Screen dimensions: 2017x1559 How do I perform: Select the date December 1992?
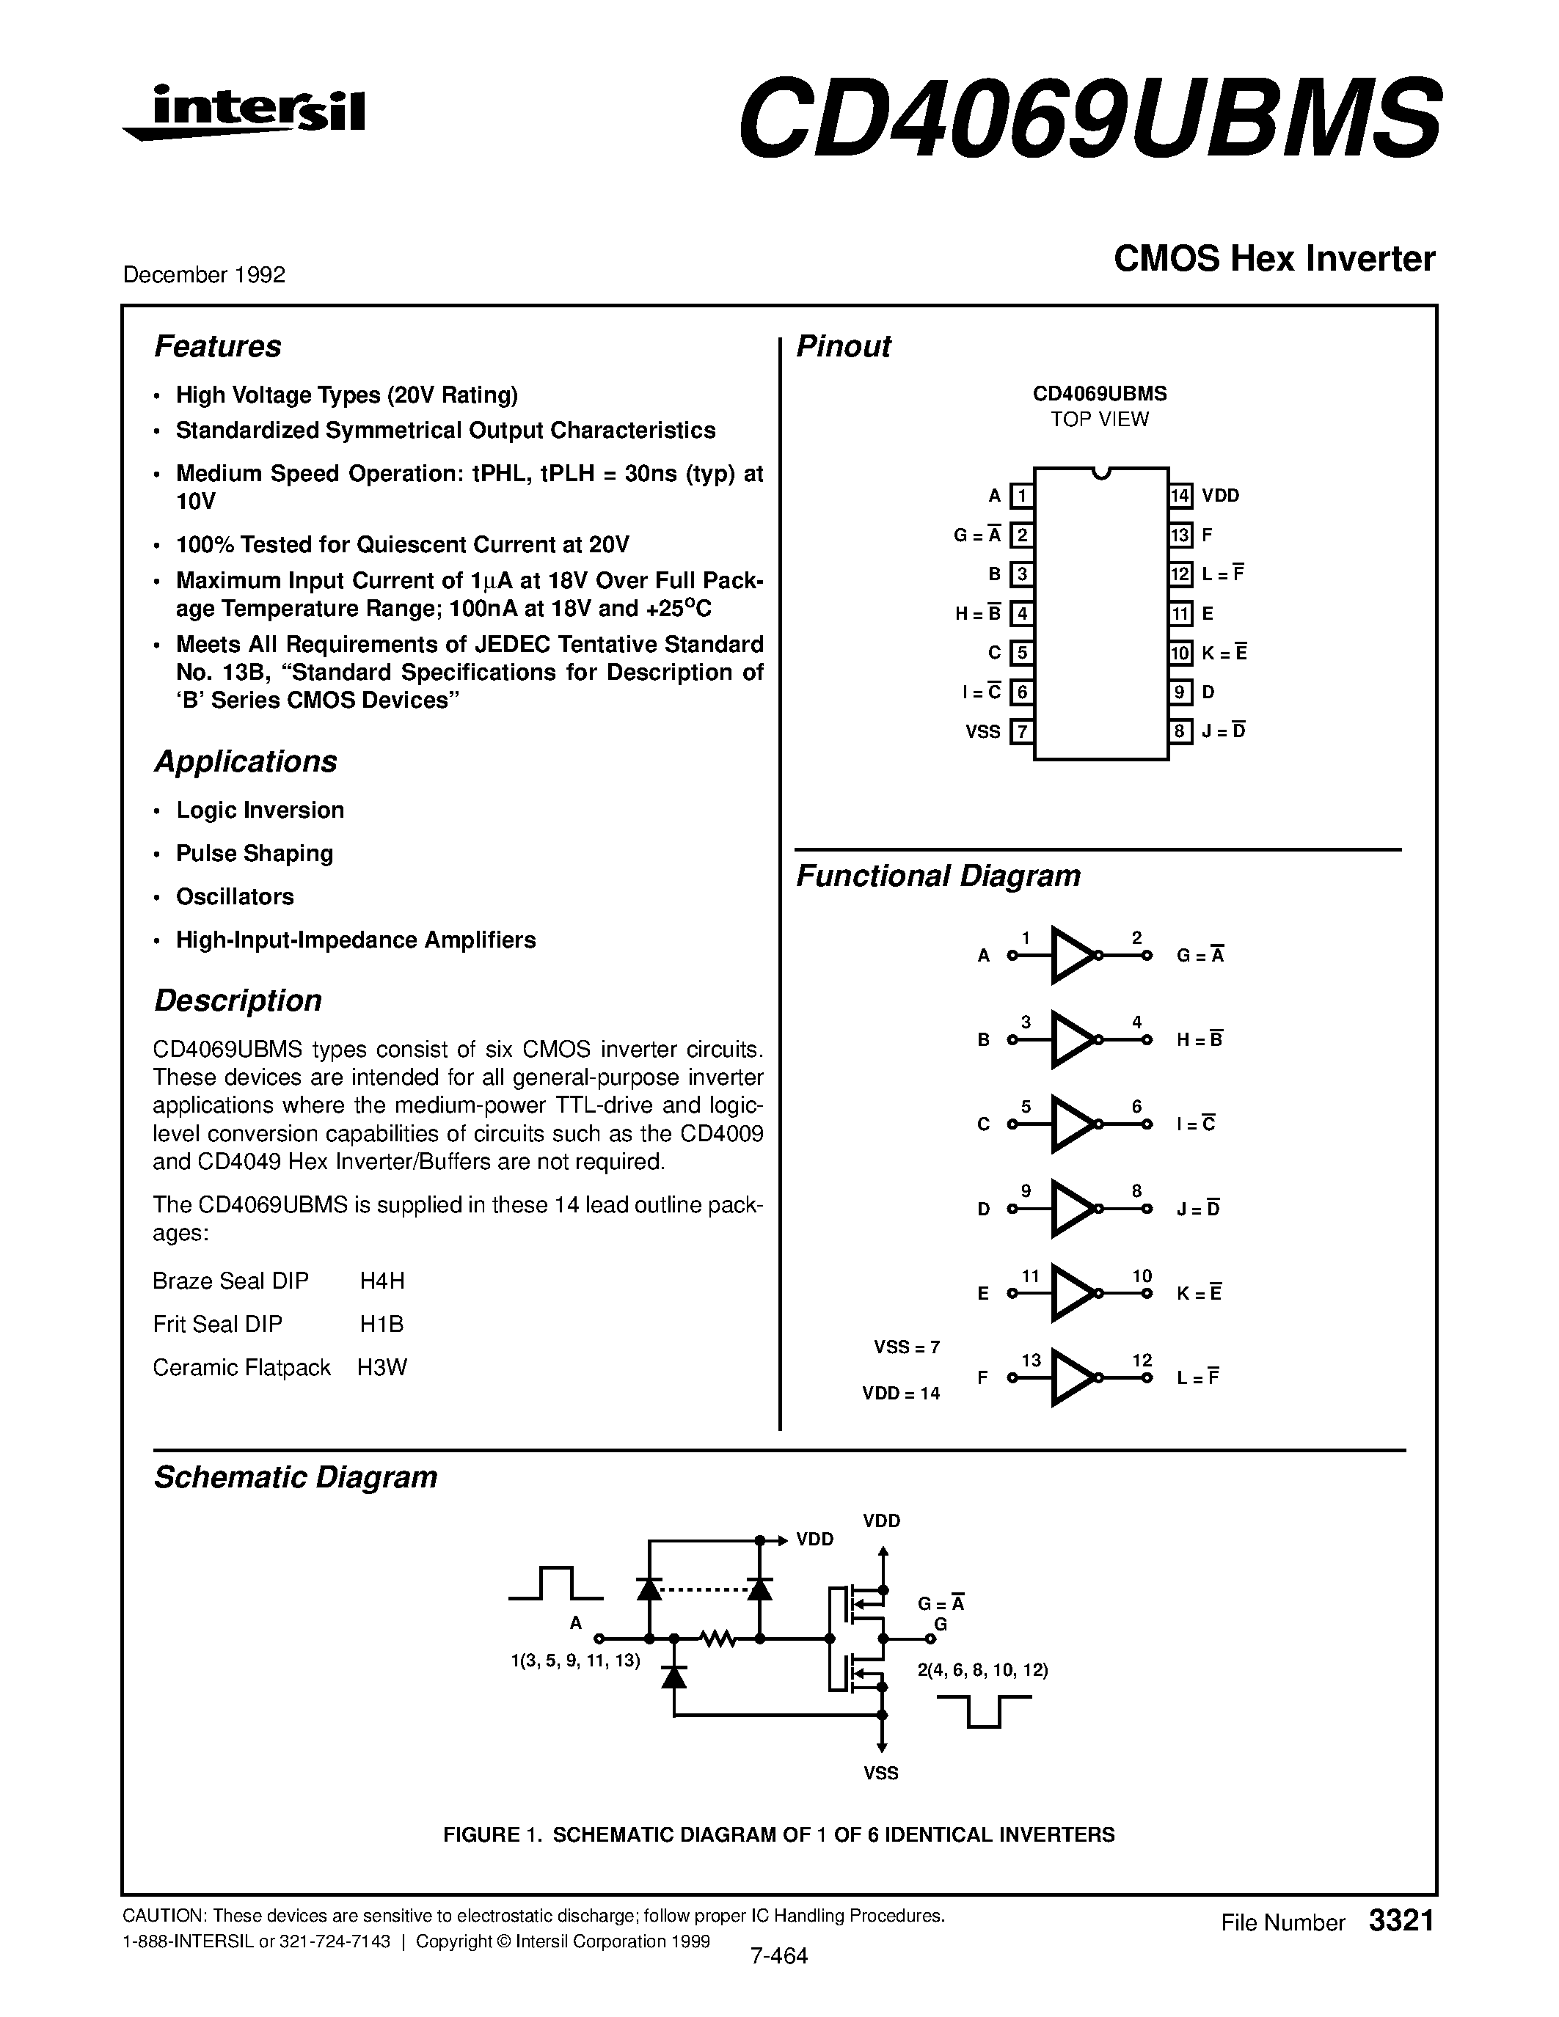point(204,275)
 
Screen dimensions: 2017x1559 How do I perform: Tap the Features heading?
point(217,346)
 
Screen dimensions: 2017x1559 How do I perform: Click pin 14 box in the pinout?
point(1180,496)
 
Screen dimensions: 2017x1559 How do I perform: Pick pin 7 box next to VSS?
point(1021,731)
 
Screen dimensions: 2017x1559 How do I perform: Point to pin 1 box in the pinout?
point(1021,496)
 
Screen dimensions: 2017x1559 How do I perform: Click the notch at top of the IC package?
point(1100,474)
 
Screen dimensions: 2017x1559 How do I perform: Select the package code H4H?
point(382,1281)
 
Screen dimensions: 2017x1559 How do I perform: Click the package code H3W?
point(382,1368)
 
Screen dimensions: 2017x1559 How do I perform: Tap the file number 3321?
point(1401,1921)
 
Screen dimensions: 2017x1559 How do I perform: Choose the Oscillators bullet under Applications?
point(235,897)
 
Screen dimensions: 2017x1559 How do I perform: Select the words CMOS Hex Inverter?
point(1274,260)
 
